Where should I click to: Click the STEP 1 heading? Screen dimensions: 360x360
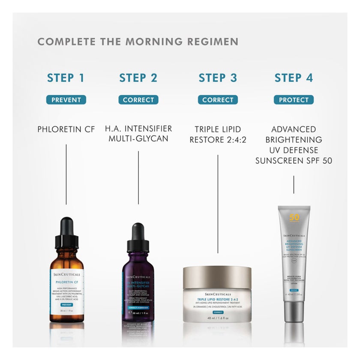pos(66,78)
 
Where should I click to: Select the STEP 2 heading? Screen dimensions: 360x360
pos(138,78)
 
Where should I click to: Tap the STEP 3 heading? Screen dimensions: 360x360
pos(218,78)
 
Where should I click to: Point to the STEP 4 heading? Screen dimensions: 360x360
pos(294,78)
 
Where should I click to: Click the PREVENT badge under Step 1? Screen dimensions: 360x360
pos(66,100)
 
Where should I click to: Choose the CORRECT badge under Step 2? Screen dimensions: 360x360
pos(138,100)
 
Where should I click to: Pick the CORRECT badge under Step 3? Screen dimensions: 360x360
pos(218,100)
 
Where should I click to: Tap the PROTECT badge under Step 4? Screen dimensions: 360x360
pos(294,100)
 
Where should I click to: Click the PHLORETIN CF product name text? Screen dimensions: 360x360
pos(66,129)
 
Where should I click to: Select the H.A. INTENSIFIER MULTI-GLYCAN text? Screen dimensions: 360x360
pos(138,134)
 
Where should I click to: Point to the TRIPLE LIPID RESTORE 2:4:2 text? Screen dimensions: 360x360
pos(218,134)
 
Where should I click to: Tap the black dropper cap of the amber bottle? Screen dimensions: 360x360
pos(66,234)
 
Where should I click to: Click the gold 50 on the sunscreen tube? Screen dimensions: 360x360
pos(294,217)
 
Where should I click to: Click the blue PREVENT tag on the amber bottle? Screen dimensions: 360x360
pos(66,304)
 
